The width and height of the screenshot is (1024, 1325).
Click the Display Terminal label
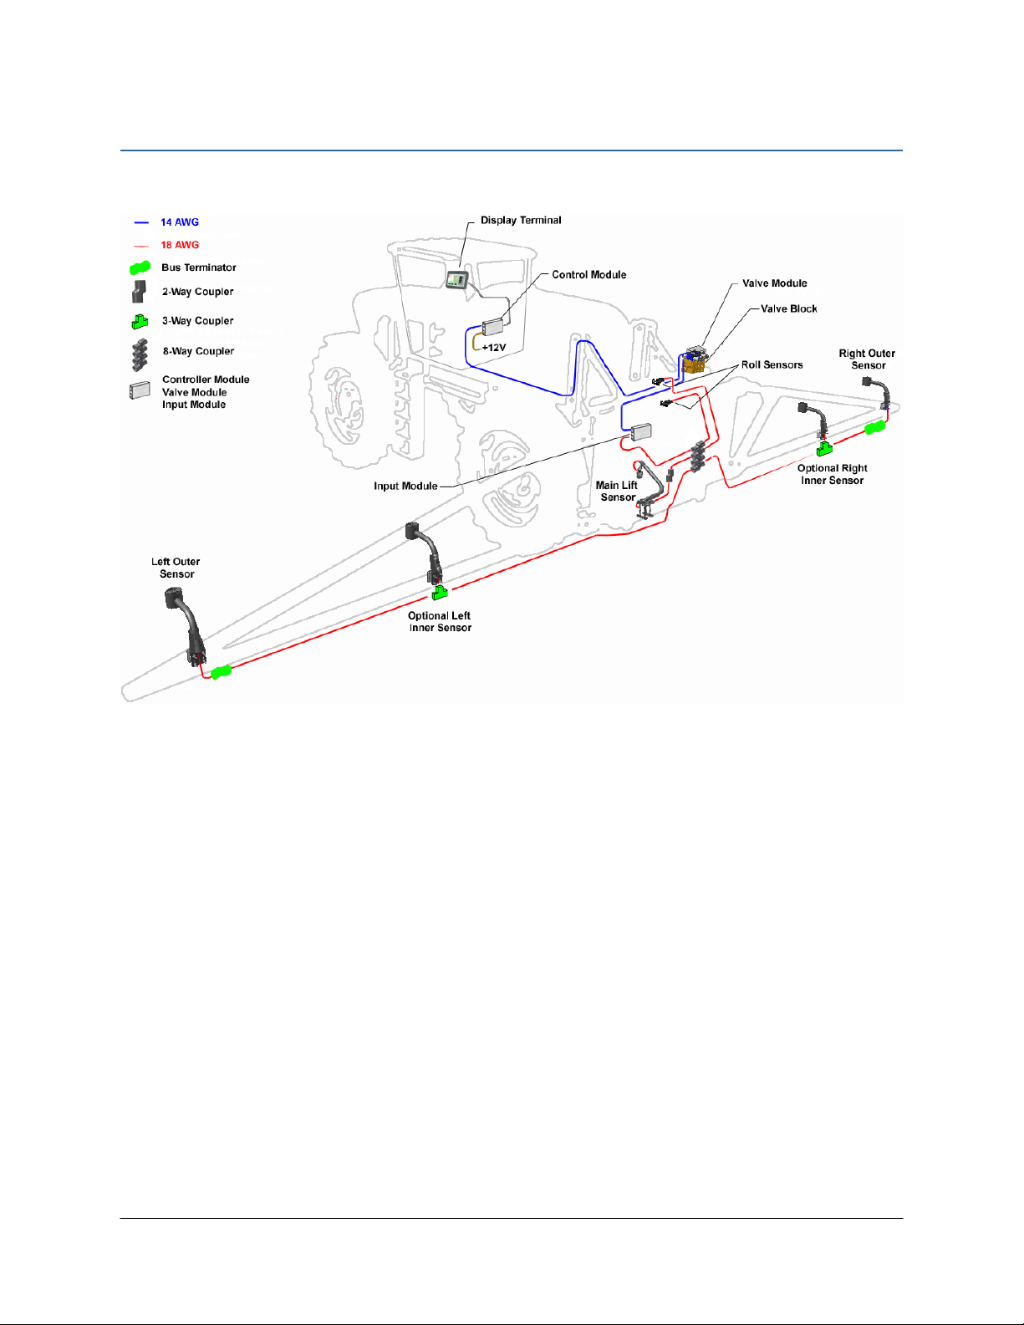(520, 221)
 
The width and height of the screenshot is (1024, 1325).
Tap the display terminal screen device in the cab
(456, 279)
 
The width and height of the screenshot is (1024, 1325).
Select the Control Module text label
(588, 275)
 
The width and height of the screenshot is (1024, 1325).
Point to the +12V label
(494, 348)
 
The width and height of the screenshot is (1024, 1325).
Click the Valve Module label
(774, 283)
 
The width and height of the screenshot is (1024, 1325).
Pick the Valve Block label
(788, 309)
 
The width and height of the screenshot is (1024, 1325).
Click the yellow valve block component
(694, 364)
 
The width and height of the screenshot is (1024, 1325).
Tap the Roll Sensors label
(772, 365)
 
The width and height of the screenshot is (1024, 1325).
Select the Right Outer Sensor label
(867, 359)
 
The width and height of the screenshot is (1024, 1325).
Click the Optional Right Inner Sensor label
(832, 474)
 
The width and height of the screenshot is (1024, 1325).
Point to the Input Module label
(405, 487)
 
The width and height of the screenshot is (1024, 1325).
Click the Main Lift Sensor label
(617, 492)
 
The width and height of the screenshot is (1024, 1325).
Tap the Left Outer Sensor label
(176, 568)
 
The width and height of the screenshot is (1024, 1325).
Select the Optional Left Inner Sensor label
(440, 622)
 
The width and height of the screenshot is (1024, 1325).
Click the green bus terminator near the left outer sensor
(221, 671)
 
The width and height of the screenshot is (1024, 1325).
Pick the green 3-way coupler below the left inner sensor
(440, 593)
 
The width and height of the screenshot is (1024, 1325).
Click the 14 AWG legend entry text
(180, 222)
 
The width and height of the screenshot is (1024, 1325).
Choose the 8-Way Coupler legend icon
(140, 354)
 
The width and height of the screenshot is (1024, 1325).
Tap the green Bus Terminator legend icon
(140, 268)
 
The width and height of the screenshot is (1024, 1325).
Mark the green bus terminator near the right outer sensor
(874, 428)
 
